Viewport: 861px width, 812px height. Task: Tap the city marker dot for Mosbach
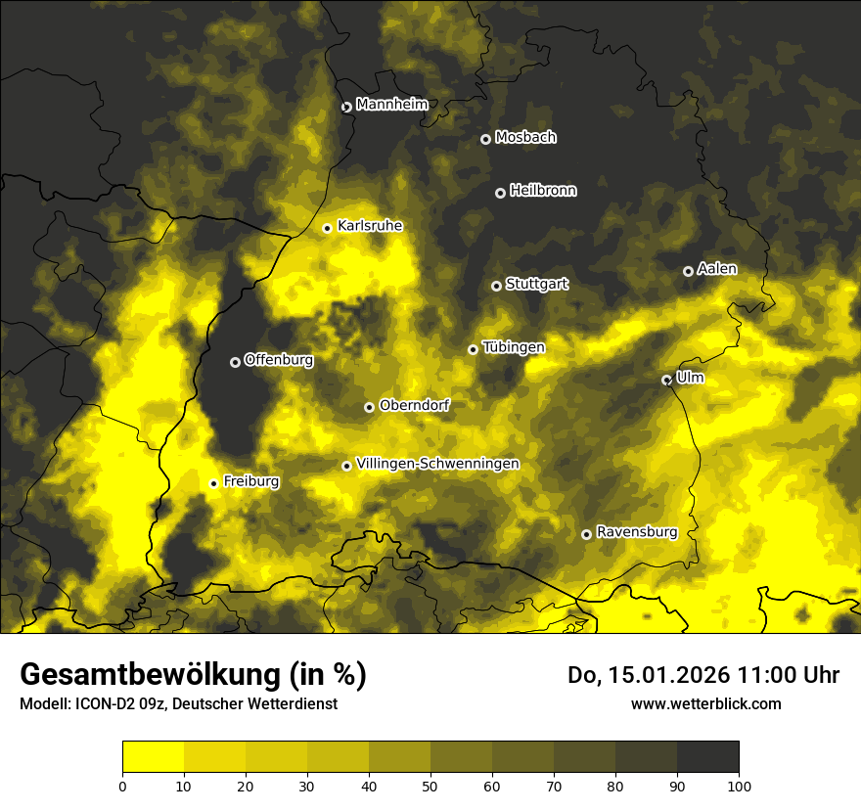click(x=485, y=139)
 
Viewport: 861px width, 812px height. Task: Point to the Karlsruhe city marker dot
click(x=328, y=228)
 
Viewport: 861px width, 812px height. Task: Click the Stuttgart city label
click(x=536, y=285)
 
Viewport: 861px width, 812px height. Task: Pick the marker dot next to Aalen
click(x=688, y=271)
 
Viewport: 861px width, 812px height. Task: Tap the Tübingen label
click(x=514, y=347)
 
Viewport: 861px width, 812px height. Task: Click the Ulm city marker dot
click(x=666, y=380)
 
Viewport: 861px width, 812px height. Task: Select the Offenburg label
click(x=279, y=360)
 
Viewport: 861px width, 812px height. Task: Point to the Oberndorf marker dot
click(x=369, y=407)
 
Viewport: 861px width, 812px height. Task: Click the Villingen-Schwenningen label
click(x=437, y=464)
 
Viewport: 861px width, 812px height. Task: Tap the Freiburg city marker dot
click(x=213, y=483)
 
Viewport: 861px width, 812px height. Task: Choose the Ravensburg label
click(x=637, y=532)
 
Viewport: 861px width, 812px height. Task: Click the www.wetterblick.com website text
click(x=705, y=703)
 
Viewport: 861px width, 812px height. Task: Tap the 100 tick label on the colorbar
click(x=739, y=785)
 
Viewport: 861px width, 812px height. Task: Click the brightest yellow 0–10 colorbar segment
click(x=153, y=757)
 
